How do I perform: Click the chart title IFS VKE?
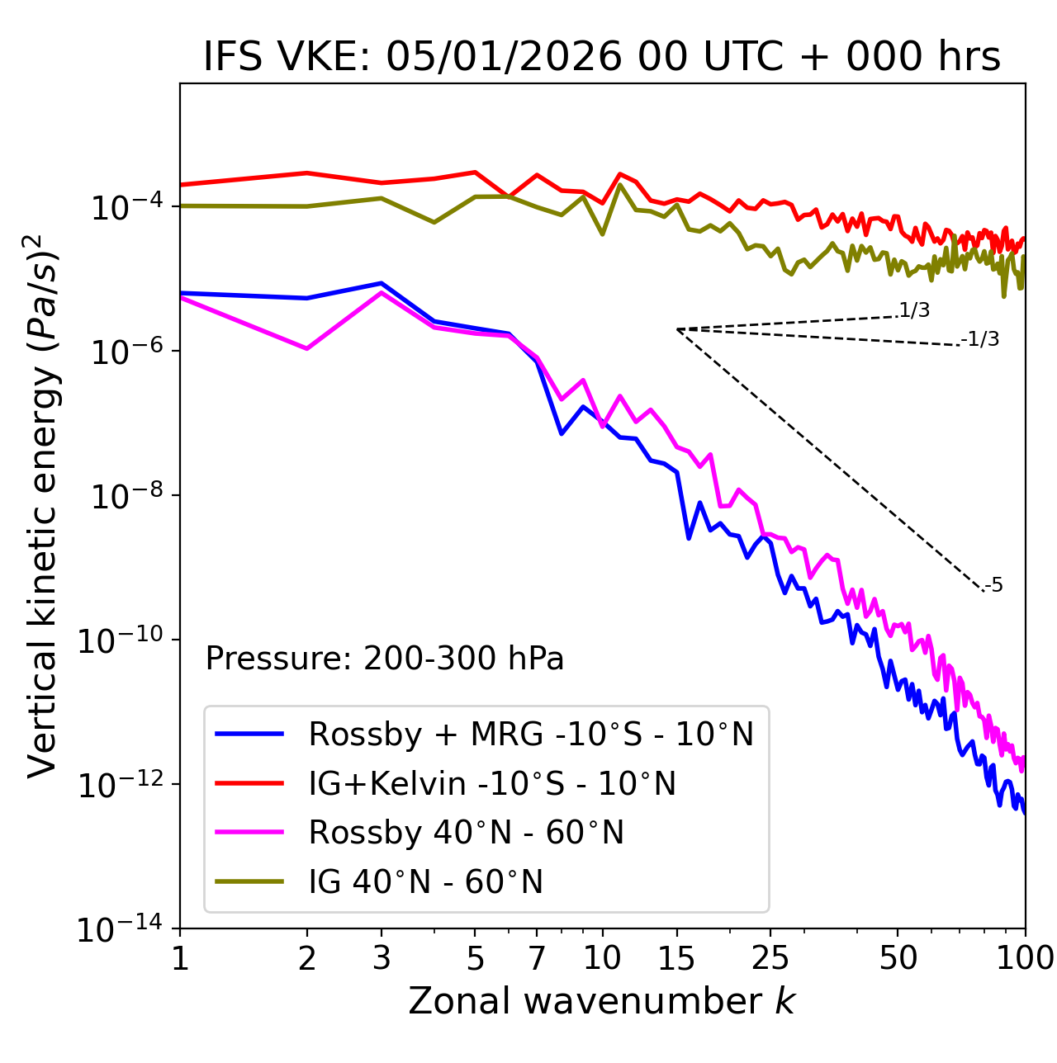click(602, 57)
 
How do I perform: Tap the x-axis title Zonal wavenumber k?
click(602, 1000)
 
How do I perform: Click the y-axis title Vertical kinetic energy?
click(43, 505)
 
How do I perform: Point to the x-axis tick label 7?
click(537, 957)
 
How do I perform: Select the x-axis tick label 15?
click(676, 957)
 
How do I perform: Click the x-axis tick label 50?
click(898, 957)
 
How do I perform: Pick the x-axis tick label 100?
click(1025, 957)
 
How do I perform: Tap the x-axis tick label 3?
click(381, 957)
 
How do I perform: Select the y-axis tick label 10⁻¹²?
click(121, 785)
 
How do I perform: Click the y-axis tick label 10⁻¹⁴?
click(121, 929)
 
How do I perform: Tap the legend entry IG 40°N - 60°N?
click(425, 882)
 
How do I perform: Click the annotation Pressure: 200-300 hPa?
click(385, 659)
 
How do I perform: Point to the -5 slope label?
click(994, 585)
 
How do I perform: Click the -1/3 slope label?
click(981, 338)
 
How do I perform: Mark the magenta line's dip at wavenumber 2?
click(307, 349)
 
